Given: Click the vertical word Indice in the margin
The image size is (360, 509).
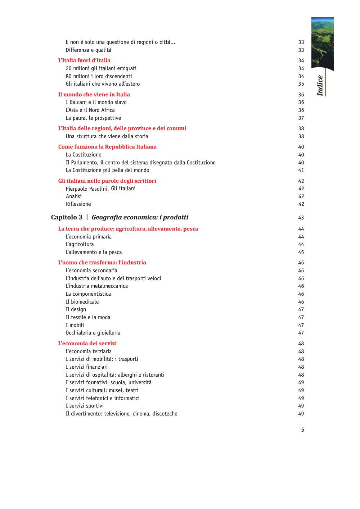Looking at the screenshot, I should click(x=320, y=86).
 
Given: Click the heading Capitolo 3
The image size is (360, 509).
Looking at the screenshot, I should click(x=67, y=217).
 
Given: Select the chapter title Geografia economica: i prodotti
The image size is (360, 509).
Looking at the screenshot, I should click(x=140, y=217).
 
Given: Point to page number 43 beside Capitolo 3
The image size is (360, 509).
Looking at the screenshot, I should click(x=301, y=218).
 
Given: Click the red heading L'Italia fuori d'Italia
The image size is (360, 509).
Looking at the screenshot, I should click(x=84, y=60).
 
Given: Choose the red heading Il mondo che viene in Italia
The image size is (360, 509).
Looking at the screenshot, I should click(x=94, y=95).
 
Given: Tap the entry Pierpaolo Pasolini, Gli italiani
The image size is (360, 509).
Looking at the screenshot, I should click(x=100, y=188).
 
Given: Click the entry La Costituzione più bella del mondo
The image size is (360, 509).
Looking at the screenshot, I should click(x=107, y=170).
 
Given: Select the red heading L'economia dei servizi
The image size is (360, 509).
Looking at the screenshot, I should click(x=87, y=344).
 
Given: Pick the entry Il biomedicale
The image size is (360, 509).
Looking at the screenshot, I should click(x=82, y=302).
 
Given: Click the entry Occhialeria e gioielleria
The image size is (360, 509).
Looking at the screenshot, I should click(x=93, y=333).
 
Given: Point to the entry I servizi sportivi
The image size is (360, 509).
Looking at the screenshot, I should click(x=85, y=406).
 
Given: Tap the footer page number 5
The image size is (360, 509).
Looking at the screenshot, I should click(x=303, y=430).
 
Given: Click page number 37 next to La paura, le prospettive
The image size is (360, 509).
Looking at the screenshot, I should click(x=301, y=118).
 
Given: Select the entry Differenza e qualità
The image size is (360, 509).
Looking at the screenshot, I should click(x=89, y=50).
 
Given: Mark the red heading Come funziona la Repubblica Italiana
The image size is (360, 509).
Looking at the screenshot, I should click(x=107, y=147).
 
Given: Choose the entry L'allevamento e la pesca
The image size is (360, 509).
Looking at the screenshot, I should click(x=94, y=252).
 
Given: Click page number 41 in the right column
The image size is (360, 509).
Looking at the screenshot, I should click(x=301, y=170).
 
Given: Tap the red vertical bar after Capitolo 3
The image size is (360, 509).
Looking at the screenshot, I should click(x=87, y=217).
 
